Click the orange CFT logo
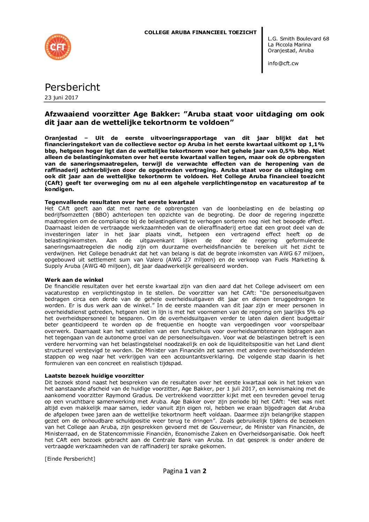(x=58, y=47)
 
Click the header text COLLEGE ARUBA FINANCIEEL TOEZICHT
(x=200, y=32)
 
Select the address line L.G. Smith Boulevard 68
(x=298, y=39)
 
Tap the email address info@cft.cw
(x=283, y=63)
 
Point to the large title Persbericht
(x=72, y=87)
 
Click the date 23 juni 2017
(x=61, y=98)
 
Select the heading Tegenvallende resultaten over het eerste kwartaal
(x=120, y=202)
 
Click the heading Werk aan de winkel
(x=74, y=280)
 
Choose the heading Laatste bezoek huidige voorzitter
(x=94, y=376)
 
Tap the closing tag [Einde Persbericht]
(x=70, y=459)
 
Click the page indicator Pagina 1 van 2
(x=184, y=471)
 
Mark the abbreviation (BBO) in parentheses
(x=101, y=215)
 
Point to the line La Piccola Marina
(x=289, y=45)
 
